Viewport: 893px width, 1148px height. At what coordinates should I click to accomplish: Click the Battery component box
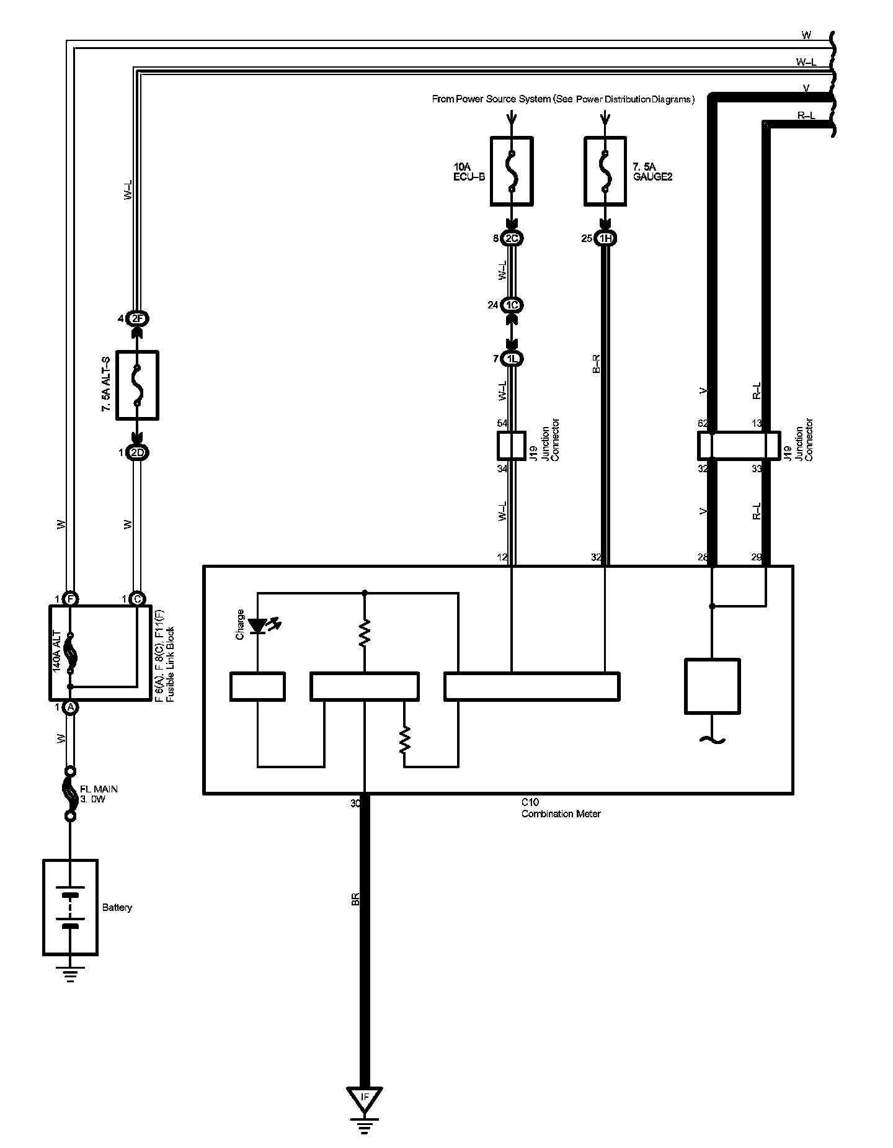(70, 907)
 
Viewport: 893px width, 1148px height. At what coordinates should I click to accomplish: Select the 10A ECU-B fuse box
(512, 171)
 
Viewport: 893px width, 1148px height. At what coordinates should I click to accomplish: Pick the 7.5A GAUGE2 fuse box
(605, 171)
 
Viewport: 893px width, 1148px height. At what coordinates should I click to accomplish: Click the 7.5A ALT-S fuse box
(138, 385)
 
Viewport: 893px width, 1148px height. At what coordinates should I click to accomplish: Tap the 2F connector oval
(138, 319)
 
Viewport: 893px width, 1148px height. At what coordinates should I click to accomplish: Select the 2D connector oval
(138, 453)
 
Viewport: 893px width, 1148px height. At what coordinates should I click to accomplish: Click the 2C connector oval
(512, 238)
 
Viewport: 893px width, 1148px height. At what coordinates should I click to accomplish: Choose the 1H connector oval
(605, 238)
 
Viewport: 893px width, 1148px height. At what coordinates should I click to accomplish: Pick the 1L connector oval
(512, 359)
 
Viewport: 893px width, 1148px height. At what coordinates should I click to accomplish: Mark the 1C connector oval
(512, 305)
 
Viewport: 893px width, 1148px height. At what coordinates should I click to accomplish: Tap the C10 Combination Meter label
(560, 808)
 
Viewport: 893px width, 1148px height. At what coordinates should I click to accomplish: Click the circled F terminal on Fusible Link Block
(71, 599)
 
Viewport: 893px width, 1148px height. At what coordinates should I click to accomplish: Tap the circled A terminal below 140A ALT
(71, 707)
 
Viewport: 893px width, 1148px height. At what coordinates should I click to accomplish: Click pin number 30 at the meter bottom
(355, 803)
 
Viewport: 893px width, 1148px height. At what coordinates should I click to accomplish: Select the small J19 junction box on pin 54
(512, 446)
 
